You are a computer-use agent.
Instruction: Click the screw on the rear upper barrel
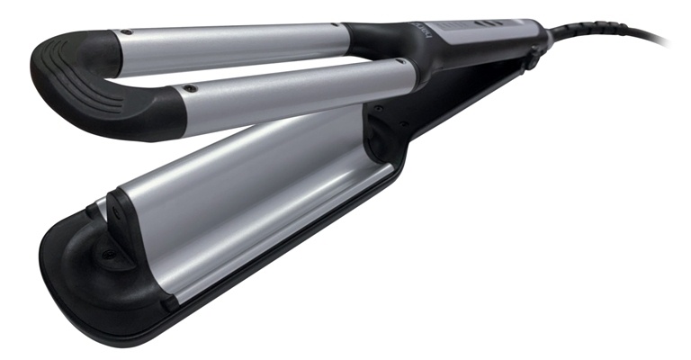(x=128, y=32)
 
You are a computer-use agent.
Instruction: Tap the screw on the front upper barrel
(x=190, y=89)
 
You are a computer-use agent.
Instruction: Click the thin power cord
(x=621, y=36)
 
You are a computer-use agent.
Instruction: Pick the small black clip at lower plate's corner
(x=169, y=303)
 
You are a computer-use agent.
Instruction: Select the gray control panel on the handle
(x=468, y=31)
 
